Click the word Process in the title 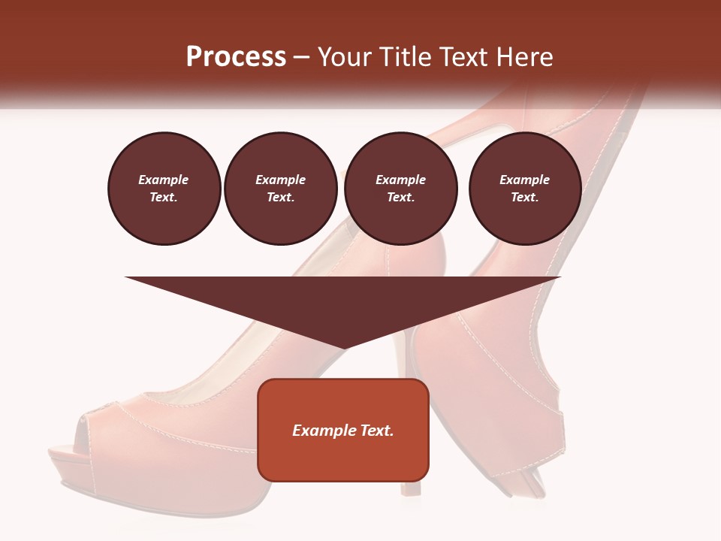point(236,57)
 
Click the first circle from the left point(164,189)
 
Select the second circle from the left point(280,189)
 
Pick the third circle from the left point(400,189)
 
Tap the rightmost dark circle point(524,189)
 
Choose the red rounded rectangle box point(342,458)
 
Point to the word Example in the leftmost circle point(164,180)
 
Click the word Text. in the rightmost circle point(524,198)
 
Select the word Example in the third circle point(400,180)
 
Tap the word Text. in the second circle point(280,198)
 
